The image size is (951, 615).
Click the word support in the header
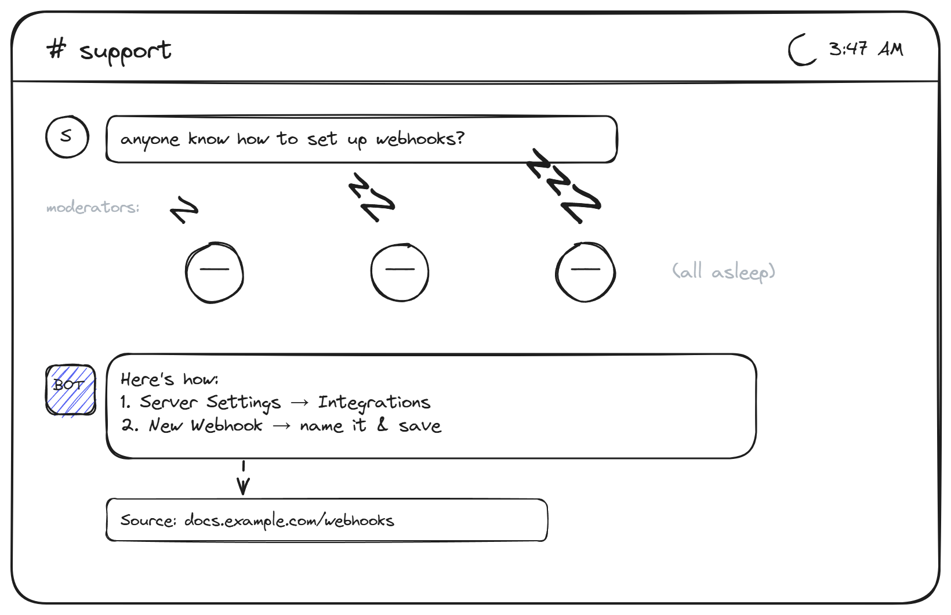126,52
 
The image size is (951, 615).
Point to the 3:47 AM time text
866,49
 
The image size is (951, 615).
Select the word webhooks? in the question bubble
420,139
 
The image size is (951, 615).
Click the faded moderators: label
93,207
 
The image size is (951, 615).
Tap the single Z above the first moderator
184,209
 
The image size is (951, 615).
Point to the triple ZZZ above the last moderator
564,186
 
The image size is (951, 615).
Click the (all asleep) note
724,272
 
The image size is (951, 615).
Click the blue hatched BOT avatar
71,390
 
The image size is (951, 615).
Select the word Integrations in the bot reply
375,403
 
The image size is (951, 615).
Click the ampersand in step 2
382,424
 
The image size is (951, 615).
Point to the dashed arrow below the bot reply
244,477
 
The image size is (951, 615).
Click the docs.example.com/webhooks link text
289,520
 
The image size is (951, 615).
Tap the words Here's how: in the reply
169,379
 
